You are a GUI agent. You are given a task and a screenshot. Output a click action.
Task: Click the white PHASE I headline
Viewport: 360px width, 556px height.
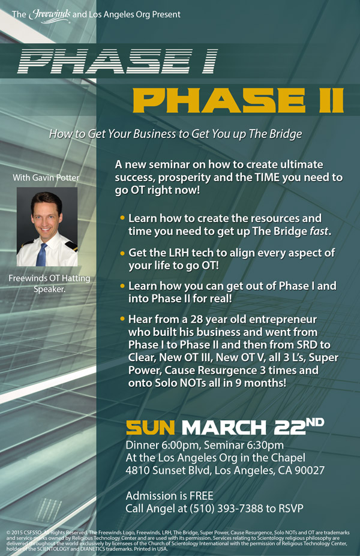coord(118,61)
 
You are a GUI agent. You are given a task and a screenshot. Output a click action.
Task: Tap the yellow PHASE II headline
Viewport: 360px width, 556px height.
coord(238,100)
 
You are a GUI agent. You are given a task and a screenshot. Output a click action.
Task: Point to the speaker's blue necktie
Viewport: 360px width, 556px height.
coord(42,254)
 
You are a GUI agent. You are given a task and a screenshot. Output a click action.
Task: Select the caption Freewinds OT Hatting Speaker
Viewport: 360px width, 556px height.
coord(49,284)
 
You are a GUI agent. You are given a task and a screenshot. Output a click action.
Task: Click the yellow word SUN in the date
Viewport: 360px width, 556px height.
coord(151,428)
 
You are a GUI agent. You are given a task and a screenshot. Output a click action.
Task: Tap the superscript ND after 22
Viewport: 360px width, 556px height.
coord(315,422)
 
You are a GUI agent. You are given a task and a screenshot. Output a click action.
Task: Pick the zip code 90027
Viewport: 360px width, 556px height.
coord(310,470)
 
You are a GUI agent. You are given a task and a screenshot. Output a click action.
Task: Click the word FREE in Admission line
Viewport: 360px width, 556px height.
coord(202,495)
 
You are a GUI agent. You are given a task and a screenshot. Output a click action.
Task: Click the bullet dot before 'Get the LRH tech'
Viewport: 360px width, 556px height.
coord(122,253)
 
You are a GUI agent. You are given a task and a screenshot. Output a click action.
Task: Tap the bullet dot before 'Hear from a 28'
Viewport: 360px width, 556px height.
coord(122,318)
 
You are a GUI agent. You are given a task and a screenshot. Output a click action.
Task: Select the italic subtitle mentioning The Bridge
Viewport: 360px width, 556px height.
coord(176,134)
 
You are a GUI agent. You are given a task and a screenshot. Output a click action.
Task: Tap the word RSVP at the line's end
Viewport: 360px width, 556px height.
coord(291,509)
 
